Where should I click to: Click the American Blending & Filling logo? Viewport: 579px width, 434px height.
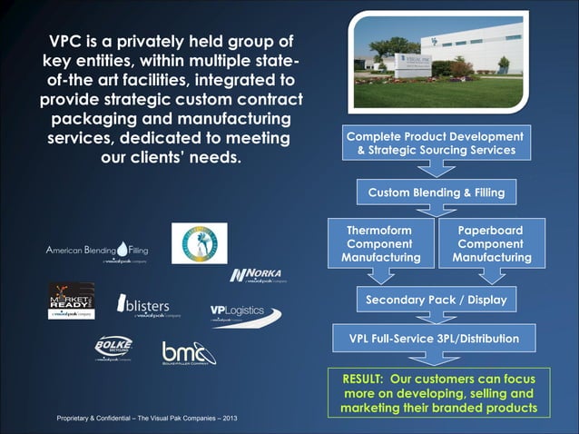point(97,251)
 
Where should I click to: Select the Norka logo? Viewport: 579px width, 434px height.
point(256,276)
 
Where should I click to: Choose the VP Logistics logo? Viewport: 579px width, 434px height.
point(243,313)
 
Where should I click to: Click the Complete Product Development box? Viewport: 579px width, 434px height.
point(431,143)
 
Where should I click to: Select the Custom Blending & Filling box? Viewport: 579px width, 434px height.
point(436,192)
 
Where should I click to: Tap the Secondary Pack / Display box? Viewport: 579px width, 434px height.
point(436,299)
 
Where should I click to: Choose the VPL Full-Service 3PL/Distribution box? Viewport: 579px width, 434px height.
point(436,339)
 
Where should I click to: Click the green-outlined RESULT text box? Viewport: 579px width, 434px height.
point(439,393)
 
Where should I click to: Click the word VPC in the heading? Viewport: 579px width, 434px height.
point(69,41)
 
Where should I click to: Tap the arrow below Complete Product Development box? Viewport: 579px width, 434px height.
point(437,169)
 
